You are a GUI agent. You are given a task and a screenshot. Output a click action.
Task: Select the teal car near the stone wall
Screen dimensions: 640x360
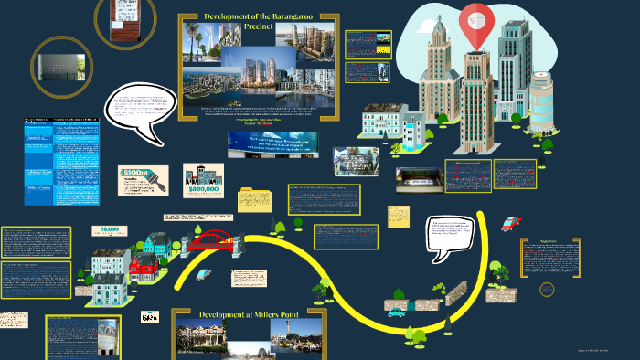click(396, 312)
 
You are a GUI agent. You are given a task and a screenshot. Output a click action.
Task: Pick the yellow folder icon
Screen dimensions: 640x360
click(255, 199)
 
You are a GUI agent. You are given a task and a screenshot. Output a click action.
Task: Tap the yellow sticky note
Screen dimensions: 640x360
click(399, 217)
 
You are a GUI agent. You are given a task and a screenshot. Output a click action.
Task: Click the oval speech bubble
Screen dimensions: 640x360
click(140, 111)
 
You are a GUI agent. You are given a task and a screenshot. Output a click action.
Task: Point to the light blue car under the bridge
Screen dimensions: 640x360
click(205, 273)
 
